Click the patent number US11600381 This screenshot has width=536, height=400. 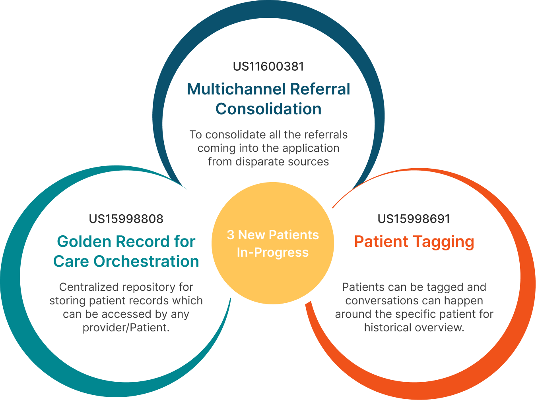coord(268,66)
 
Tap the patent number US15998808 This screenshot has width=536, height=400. coord(126,219)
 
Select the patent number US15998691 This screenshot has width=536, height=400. coord(414,219)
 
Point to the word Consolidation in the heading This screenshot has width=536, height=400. coord(268,109)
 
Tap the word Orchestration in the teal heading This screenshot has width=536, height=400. coord(146,262)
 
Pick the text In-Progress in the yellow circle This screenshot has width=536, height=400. coord(273,252)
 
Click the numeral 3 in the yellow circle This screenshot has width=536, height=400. coord(230,235)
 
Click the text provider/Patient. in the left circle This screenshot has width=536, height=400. coord(126,328)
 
